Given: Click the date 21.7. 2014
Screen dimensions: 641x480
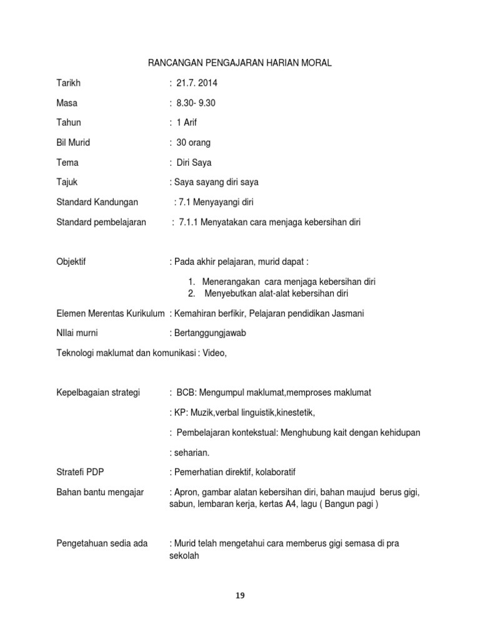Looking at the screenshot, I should (197, 83).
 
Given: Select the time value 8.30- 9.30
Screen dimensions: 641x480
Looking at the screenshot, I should (196, 103).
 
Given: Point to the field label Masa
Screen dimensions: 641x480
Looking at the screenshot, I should (67, 103).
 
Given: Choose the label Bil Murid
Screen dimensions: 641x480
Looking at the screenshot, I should (73, 143).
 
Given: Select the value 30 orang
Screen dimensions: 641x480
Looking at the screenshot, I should (194, 143).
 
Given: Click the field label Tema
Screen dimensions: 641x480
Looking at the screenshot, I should (67, 163).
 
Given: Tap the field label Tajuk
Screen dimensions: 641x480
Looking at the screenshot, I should (67, 183).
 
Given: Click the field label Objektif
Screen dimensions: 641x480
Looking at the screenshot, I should (71, 262).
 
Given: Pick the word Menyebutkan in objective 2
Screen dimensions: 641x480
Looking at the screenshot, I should (230, 293).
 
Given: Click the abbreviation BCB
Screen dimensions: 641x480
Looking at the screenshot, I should (187, 392).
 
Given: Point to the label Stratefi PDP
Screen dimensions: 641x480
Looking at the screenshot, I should (81, 472).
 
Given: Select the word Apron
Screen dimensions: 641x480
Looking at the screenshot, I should (186, 492).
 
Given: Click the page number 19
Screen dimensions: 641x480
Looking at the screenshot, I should (240, 595).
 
